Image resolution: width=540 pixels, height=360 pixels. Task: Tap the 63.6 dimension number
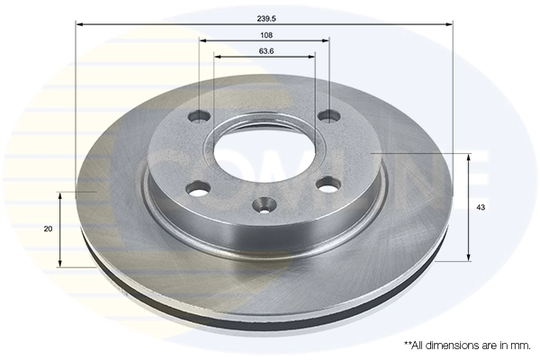(265, 50)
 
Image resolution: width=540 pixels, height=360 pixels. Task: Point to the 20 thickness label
(48, 229)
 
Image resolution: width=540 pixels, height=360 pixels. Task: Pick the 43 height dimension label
(481, 207)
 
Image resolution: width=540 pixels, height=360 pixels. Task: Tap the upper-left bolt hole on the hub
(200, 117)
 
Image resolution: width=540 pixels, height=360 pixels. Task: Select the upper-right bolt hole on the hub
(329, 116)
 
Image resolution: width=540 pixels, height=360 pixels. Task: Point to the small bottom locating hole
(263, 205)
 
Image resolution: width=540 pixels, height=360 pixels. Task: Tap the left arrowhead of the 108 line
(202, 41)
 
